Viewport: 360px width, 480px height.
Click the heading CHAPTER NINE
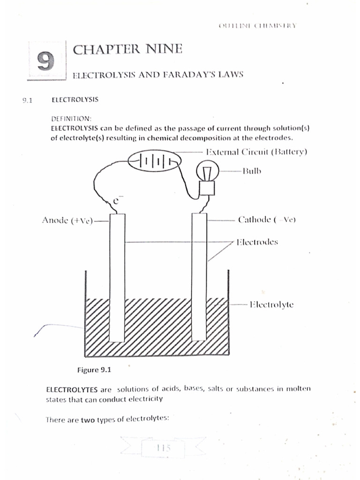pos(127,49)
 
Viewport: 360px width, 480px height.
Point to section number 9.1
pos(27,100)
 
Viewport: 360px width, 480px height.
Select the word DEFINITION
pos(71,119)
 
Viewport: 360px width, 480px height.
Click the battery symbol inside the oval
pos(154,162)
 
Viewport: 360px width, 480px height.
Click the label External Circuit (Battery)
pos(256,152)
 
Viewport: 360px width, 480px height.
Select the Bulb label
pos(252,171)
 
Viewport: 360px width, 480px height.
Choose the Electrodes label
pos(257,242)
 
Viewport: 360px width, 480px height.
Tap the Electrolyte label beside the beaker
pos(271,304)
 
